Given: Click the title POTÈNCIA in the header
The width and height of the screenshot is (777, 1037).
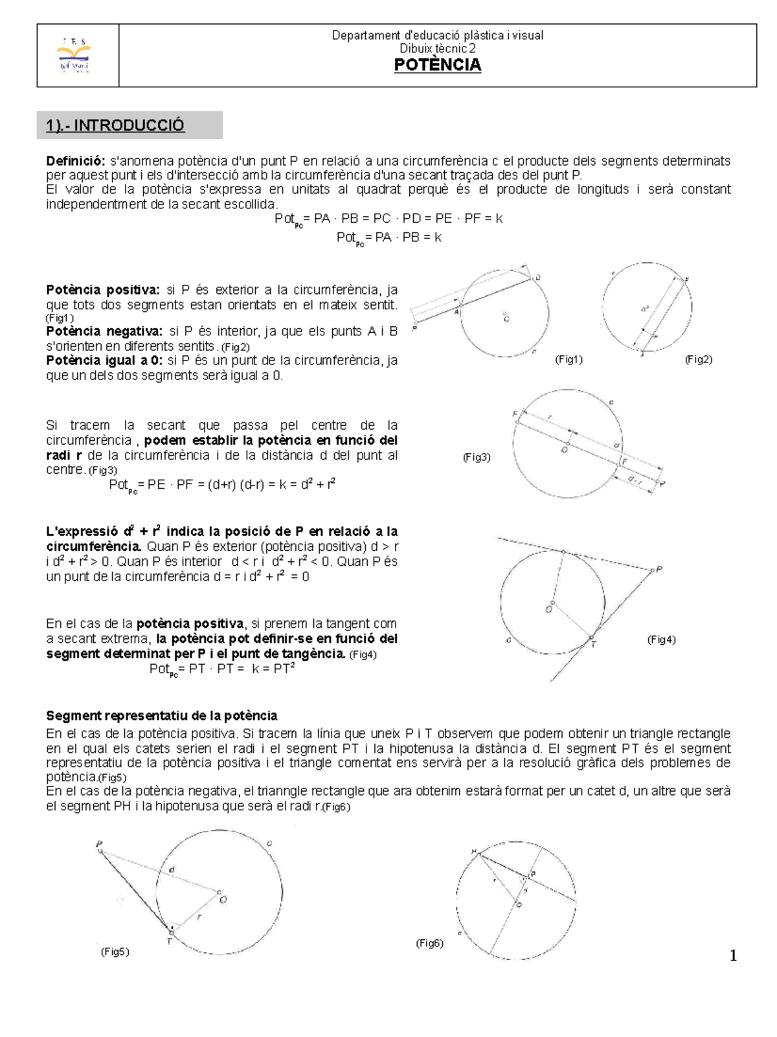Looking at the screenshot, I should [x=438, y=65].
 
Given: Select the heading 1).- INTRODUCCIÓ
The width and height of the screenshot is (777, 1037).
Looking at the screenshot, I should [x=115, y=126].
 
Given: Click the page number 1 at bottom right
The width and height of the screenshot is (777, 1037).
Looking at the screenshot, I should [x=733, y=955].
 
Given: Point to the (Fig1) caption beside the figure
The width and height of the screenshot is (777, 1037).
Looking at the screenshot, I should [x=569, y=360].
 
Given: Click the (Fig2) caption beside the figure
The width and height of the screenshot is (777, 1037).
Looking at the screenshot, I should [x=699, y=360].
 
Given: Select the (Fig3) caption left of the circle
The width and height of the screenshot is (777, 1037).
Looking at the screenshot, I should [x=477, y=457].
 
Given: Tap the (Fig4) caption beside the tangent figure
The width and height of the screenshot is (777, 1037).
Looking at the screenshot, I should [x=662, y=640].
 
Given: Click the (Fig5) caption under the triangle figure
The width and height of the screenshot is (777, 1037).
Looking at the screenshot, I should [x=115, y=952].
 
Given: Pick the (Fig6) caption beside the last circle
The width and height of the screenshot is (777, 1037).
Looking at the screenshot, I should [x=429, y=943].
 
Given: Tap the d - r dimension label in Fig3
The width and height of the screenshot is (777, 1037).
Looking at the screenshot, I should [x=636, y=479].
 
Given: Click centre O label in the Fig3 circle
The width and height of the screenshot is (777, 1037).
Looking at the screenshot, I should [x=565, y=449].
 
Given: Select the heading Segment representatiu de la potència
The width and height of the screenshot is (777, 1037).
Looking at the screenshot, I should [x=162, y=716].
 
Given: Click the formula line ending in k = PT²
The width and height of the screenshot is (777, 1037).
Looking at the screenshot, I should [x=222, y=669].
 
